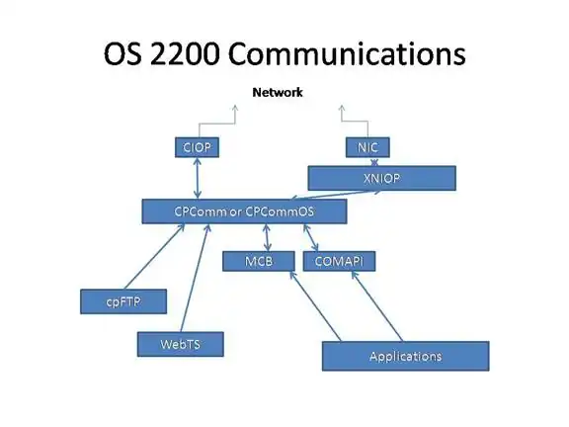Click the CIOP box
click(x=197, y=147)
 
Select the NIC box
click(x=367, y=147)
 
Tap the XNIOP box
click(x=381, y=178)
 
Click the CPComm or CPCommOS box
click(x=244, y=212)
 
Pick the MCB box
click(x=259, y=261)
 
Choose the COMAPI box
click(x=339, y=261)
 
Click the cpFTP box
click(x=123, y=301)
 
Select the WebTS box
click(x=181, y=344)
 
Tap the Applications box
click(x=406, y=356)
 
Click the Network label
click(x=278, y=92)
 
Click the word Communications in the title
click(x=347, y=53)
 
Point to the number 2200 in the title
click(x=185, y=53)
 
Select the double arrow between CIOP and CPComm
click(x=197, y=178)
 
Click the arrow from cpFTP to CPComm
click(x=154, y=257)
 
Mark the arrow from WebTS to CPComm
click(x=196, y=278)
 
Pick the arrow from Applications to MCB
click(x=315, y=306)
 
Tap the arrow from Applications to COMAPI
click(x=377, y=306)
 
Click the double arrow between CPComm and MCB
click(x=267, y=237)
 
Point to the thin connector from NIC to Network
click(x=356, y=122)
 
